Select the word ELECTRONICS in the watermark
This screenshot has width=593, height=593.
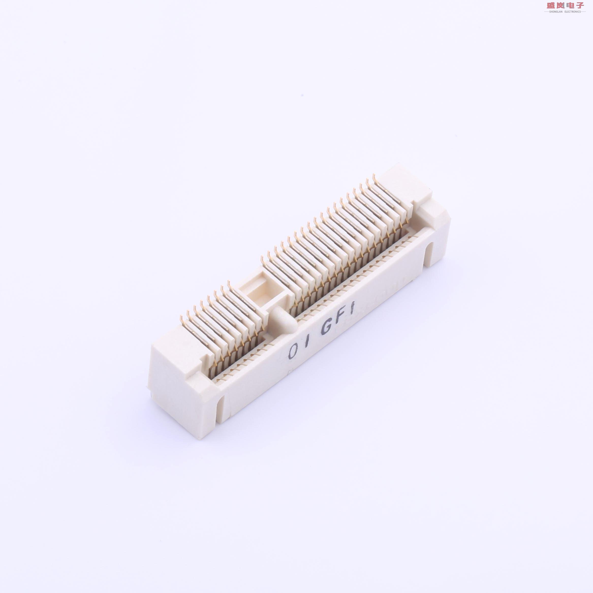tap(572, 12)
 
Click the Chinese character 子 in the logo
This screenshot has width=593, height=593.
tap(580, 5)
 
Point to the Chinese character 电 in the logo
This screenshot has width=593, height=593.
tap(570, 5)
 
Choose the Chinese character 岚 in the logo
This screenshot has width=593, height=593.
tap(559, 5)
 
